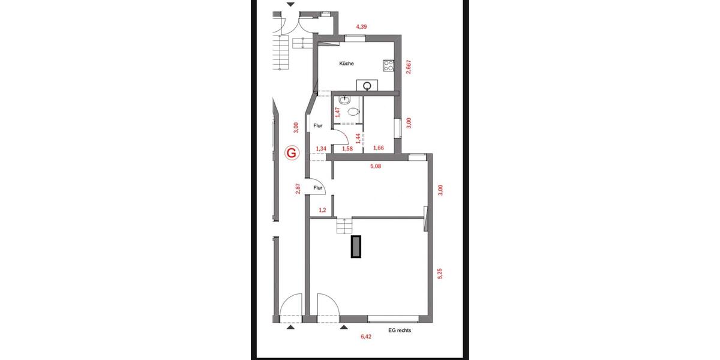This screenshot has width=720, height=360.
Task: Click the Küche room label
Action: coord(346,64)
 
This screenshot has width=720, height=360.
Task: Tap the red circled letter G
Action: coord(292,152)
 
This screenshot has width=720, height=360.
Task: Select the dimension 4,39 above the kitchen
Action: coord(361,27)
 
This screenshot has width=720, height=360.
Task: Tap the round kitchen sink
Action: coord(366,85)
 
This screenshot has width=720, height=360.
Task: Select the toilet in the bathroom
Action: coord(354,110)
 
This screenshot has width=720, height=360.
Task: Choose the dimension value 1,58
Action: coord(347,148)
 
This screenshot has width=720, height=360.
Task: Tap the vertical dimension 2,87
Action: coord(298,189)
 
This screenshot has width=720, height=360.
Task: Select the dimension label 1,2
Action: coord(322,210)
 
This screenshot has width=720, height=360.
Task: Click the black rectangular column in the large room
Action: coord(356,246)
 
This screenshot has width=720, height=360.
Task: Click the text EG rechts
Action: coord(400,330)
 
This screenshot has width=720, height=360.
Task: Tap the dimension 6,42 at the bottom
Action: coord(366,337)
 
